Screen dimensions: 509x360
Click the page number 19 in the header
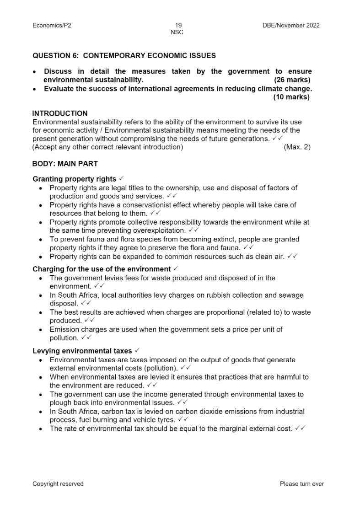tap(178, 25)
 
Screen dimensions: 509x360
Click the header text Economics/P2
tap(52, 25)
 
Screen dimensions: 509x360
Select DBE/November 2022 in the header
tap(288, 25)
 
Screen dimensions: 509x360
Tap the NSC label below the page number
tap(177, 32)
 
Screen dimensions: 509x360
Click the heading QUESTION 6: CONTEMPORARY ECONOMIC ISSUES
tap(124, 56)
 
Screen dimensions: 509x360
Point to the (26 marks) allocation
tap(292, 80)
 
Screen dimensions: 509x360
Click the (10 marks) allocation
tap(291, 97)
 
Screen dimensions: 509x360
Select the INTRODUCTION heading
tap(60, 113)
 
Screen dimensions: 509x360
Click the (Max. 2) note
tap(297, 147)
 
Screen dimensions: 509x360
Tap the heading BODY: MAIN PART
tap(65, 164)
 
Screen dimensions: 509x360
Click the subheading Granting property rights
tap(74, 179)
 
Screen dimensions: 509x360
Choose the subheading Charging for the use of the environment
tap(102, 269)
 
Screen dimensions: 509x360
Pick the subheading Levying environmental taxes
tap(82, 351)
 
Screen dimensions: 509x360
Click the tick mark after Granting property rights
tap(121, 179)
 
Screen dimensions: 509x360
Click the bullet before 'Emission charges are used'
tap(41, 330)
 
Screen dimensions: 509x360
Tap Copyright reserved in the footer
tap(58, 484)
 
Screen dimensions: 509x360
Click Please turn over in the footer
tap(301, 484)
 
